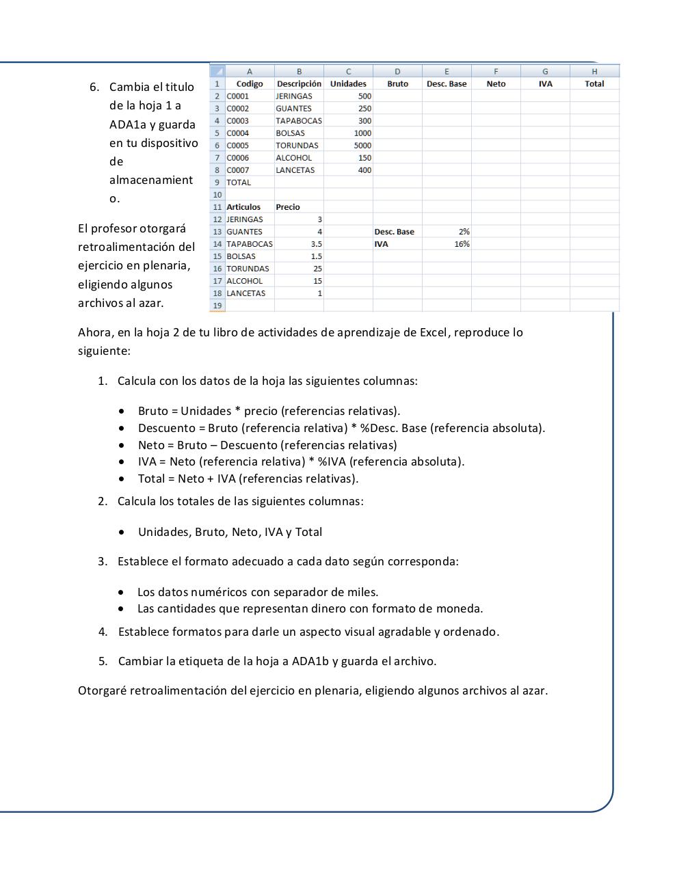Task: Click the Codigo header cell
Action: click(x=250, y=83)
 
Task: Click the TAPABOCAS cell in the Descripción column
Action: click(x=298, y=120)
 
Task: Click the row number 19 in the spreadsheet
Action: click(x=217, y=306)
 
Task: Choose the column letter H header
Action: click(x=594, y=71)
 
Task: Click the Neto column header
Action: click(x=496, y=83)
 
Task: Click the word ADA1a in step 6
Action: click(x=128, y=124)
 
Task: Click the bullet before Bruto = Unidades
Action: click(x=122, y=412)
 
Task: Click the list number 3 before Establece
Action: click(x=103, y=561)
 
